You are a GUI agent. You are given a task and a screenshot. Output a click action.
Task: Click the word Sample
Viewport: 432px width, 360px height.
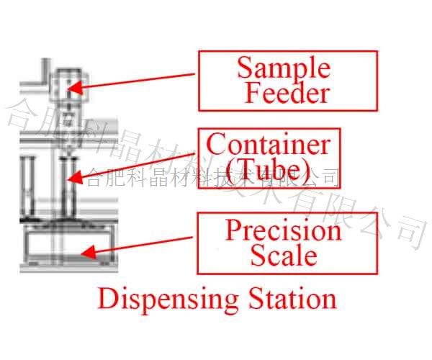click(284, 68)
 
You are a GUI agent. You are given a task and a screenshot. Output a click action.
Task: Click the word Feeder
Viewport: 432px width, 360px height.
click(286, 94)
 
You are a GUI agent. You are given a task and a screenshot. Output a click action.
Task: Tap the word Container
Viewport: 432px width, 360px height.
click(268, 144)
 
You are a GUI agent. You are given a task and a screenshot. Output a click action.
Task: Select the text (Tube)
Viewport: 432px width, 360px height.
click(268, 170)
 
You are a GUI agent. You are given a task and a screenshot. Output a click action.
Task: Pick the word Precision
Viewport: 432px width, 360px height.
click(283, 230)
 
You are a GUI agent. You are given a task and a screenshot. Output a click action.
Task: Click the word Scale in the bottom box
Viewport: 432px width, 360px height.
click(284, 256)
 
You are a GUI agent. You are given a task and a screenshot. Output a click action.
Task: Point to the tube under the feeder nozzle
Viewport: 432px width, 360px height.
click(68, 184)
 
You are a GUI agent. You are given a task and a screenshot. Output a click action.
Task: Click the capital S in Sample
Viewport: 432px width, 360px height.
click(245, 68)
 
